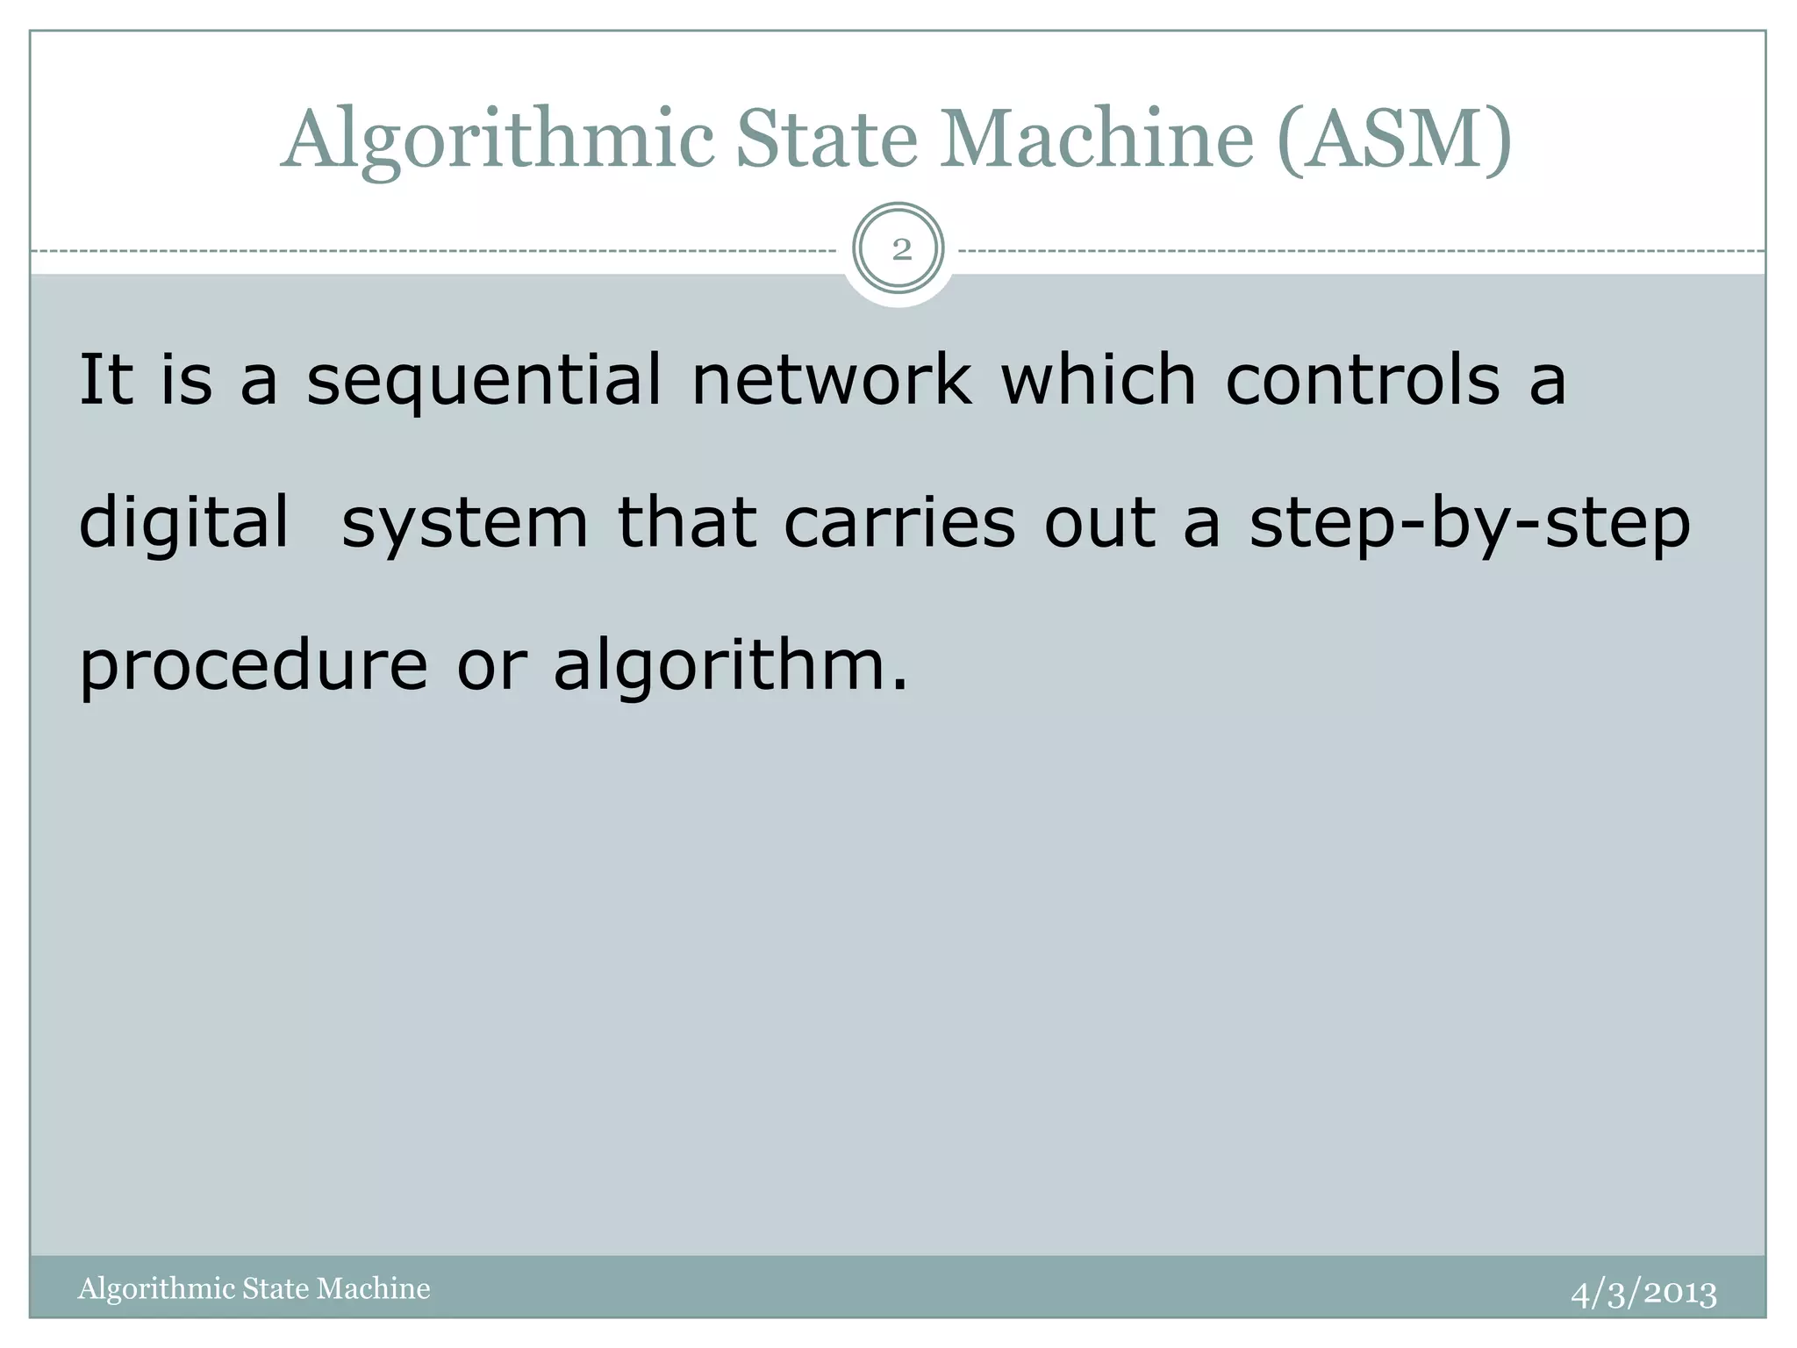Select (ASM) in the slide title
click(x=1394, y=140)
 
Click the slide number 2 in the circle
click(x=900, y=251)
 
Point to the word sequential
click(x=484, y=383)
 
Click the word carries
click(x=898, y=523)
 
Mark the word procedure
click(x=254, y=668)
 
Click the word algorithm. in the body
click(x=730, y=668)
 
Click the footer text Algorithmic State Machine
click(x=254, y=1288)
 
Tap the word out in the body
click(x=1099, y=523)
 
